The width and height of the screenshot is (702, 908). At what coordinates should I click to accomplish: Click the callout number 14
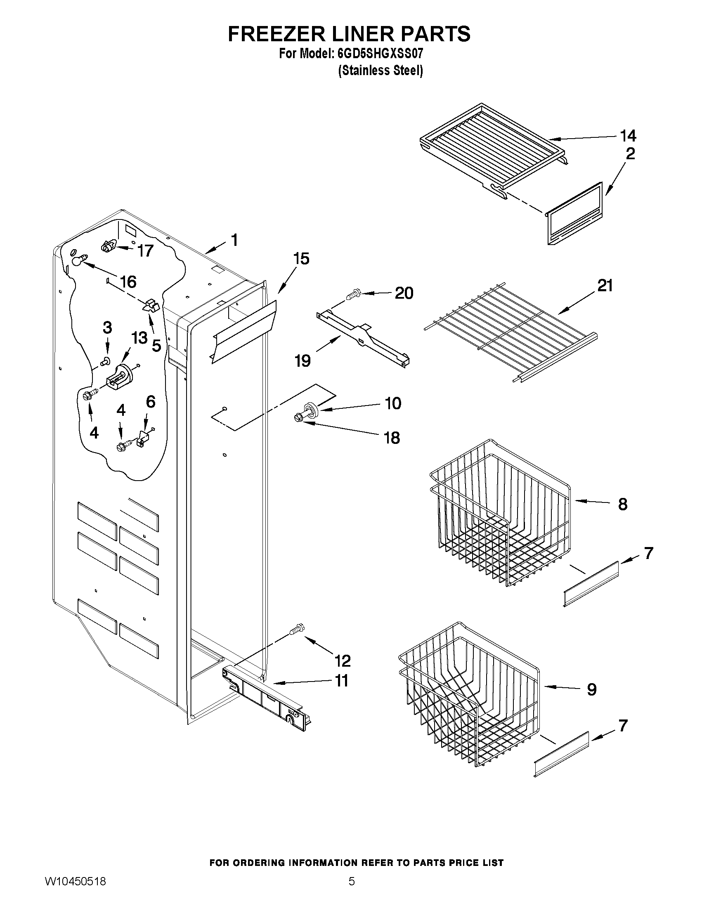628,136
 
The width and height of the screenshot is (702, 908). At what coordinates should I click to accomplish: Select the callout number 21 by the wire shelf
605,286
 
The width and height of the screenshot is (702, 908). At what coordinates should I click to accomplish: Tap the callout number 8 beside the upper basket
623,504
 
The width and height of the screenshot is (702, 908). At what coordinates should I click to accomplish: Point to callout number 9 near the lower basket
591,690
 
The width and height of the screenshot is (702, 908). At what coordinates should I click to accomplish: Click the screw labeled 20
353,294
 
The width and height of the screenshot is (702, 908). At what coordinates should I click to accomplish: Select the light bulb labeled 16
78,260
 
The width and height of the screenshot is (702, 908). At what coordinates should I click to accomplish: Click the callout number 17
146,251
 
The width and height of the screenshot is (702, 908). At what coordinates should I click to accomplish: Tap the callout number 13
140,337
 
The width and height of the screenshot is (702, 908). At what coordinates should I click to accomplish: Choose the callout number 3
107,328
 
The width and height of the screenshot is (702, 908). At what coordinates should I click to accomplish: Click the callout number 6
151,402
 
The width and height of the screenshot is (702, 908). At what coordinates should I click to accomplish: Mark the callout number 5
156,345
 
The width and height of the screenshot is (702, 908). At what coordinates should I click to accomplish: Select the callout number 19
303,361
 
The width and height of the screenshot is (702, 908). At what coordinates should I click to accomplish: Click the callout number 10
393,403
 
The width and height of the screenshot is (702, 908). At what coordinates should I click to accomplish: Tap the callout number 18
392,438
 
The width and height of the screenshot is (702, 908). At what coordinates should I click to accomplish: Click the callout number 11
341,681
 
